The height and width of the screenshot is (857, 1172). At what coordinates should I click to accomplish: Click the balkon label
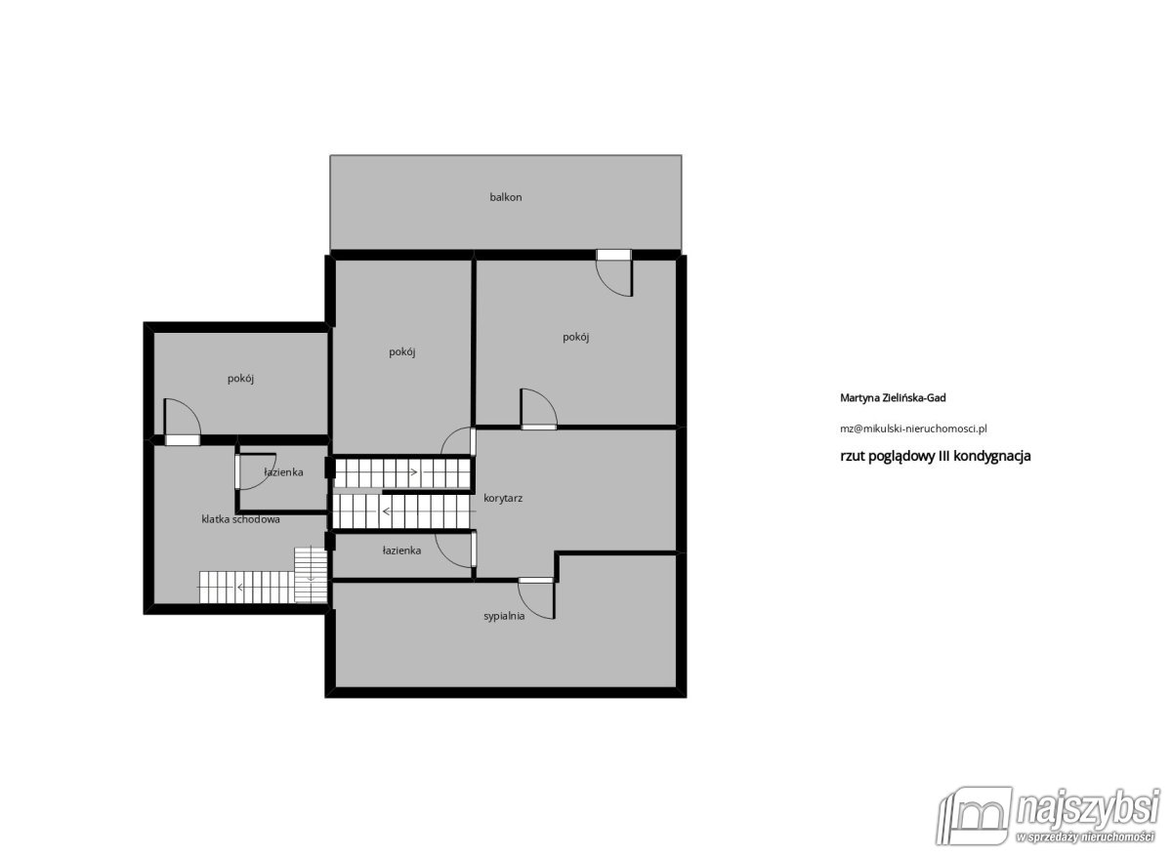coord(506,197)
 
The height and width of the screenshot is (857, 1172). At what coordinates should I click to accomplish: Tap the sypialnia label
coord(504,616)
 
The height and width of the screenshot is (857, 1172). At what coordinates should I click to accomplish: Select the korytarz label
coord(503,498)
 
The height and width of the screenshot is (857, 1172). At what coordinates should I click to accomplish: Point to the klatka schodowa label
coord(240,519)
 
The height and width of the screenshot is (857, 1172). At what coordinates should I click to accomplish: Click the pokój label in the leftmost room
coord(240,378)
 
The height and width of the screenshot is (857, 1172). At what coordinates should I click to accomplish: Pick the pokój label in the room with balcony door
coord(575,337)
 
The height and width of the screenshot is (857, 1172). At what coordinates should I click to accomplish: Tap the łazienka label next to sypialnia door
coord(401,551)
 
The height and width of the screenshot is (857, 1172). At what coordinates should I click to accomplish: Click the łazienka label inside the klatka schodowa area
coord(283,472)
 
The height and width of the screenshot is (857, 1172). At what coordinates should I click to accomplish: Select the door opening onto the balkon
coord(614,273)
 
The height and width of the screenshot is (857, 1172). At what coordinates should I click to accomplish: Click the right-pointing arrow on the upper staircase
coord(412,472)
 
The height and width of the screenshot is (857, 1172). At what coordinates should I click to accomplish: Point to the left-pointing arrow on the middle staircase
coord(386,510)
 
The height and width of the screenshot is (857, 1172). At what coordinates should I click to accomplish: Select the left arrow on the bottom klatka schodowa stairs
coord(240,588)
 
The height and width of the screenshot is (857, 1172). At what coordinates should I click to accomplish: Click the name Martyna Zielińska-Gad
coord(893,398)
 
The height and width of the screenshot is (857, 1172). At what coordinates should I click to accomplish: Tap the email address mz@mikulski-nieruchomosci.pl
coord(913,428)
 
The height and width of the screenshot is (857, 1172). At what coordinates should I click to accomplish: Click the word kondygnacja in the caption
coord(992,457)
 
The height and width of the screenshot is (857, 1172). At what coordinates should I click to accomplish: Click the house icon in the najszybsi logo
coord(975,816)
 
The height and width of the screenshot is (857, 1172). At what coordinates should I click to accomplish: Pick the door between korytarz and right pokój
coord(538,409)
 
